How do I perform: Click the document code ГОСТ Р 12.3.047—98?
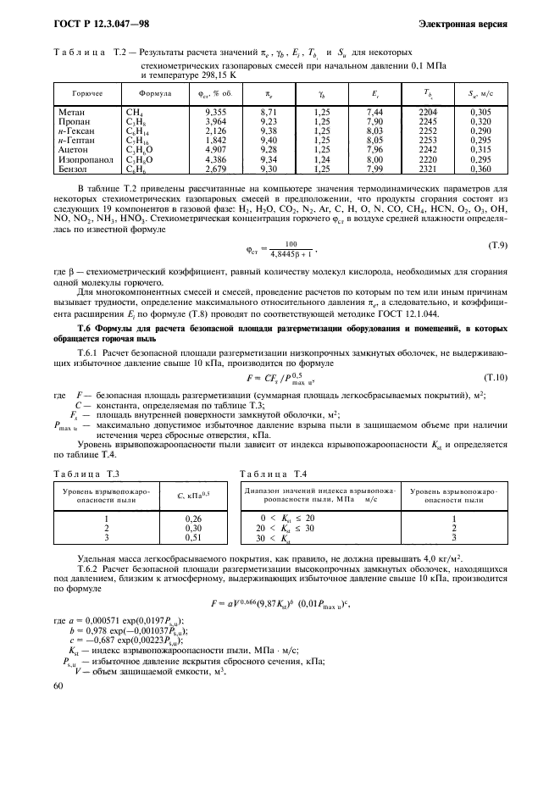95,24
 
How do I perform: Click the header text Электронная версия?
465,24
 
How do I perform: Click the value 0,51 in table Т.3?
192,537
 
